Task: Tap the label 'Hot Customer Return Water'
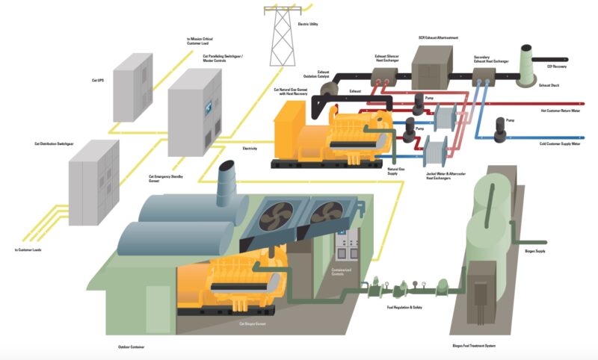click(560, 110)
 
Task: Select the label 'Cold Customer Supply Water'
click(559, 143)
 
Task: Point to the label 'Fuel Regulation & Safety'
click(405, 308)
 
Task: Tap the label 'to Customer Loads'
click(28, 249)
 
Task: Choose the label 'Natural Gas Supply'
click(395, 171)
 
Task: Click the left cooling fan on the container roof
click(277, 217)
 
